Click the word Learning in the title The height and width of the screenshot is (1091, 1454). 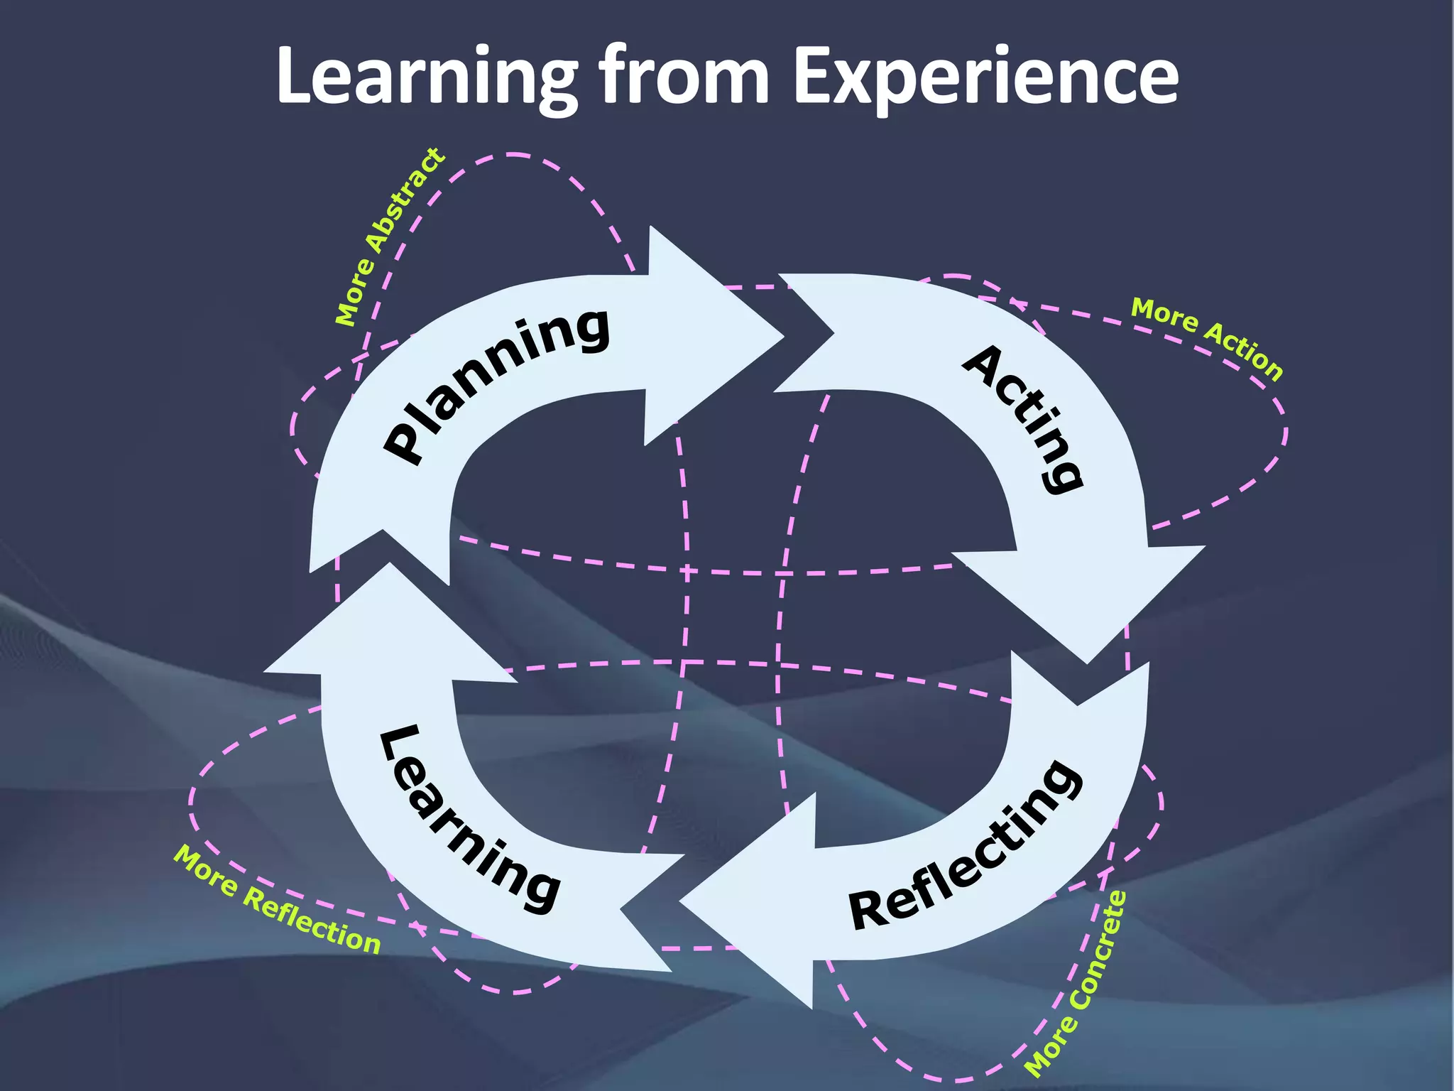pos(426,77)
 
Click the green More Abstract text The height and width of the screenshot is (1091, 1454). pos(390,237)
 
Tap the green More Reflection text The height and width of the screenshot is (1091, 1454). pos(278,899)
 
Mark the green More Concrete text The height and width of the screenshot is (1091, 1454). pos(1076,983)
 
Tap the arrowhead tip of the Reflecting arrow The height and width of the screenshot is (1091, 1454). pos(682,902)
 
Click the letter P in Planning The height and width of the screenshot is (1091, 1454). pos(405,444)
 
